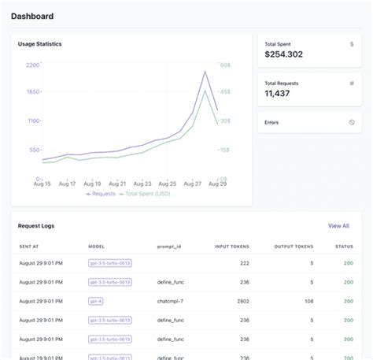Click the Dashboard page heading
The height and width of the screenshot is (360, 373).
click(x=32, y=15)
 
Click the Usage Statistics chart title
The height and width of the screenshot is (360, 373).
click(x=39, y=44)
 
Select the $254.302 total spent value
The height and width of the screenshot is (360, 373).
click(x=284, y=54)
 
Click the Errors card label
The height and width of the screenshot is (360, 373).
click(x=271, y=122)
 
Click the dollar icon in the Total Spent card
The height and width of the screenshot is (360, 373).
click(x=352, y=44)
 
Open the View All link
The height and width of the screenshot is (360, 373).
click(x=338, y=226)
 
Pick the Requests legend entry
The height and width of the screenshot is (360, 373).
click(x=100, y=193)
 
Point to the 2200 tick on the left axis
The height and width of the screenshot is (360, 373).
click(x=33, y=65)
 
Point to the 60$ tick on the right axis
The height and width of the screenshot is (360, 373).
click(x=224, y=65)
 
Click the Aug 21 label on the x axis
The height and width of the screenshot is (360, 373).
click(x=116, y=184)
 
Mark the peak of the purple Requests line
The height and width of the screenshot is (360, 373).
click(x=205, y=72)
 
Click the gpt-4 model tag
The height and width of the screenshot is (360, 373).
click(x=96, y=301)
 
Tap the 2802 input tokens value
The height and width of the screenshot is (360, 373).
click(x=240, y=301)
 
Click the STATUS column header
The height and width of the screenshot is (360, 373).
click(x=344, y=247)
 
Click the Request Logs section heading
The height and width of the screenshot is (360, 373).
click(x=36, y=226)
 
